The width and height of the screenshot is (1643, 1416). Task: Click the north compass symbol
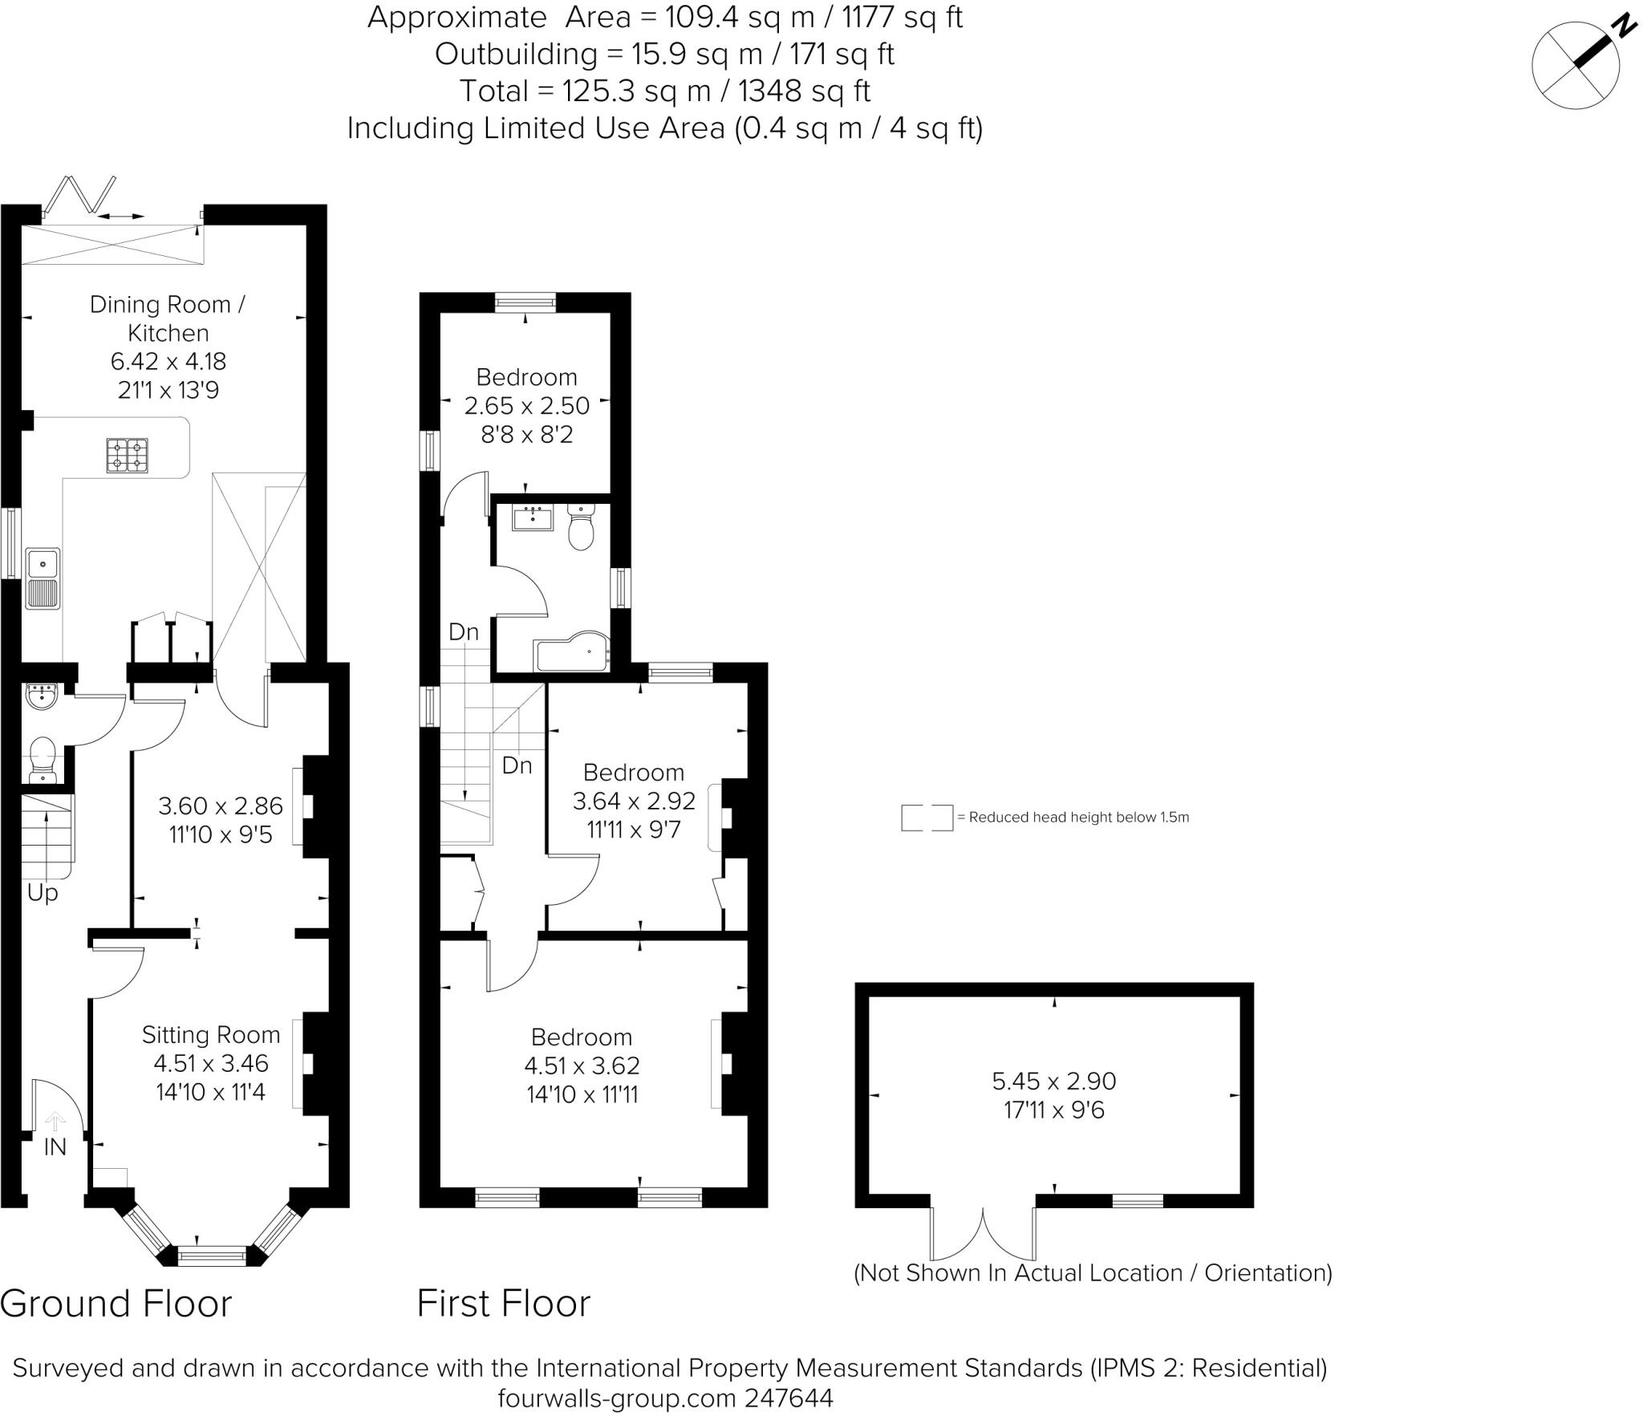1576,65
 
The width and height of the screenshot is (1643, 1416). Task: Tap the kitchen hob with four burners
128,455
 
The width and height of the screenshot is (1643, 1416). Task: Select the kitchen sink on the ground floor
43,578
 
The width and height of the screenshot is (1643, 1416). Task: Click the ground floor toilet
42,761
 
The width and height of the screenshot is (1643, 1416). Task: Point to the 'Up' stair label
43,893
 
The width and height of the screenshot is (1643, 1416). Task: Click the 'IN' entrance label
55,1147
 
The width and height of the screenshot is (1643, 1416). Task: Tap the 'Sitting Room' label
211,1035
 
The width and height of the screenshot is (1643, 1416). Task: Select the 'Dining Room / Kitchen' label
168,318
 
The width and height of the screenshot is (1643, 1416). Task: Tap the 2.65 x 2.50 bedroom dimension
527,406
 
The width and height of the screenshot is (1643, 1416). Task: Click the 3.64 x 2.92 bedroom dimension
634,801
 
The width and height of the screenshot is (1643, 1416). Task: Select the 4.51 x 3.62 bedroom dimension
582,1065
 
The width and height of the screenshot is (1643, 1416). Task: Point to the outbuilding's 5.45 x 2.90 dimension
1054,1081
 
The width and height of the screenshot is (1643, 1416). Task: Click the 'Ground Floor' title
116,1304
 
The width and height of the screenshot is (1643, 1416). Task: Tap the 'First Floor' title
504,1304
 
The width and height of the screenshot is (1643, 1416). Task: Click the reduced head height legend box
927,818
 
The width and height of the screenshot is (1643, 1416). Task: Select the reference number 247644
789,1398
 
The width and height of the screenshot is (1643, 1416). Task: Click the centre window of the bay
213,1256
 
